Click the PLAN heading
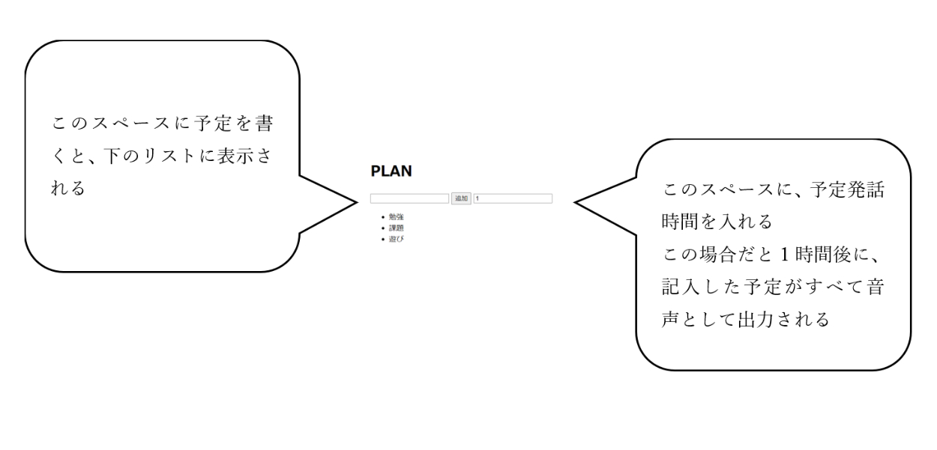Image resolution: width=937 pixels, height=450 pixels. pos(391,171)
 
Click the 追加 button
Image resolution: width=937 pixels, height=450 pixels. pos(461,198)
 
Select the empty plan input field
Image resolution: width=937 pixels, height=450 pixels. pos(409,198)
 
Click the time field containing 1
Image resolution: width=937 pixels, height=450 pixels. pos(513,198)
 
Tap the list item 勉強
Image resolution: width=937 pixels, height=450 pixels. pos(396,217)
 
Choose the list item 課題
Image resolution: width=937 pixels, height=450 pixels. pos(396,228)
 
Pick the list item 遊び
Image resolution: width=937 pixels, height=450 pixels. pos(396,238)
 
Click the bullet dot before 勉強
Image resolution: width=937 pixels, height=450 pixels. pos(382,217)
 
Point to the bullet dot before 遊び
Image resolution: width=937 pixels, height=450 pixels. pos(382,238)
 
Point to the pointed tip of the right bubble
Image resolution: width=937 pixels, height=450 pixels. pos(576,202)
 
